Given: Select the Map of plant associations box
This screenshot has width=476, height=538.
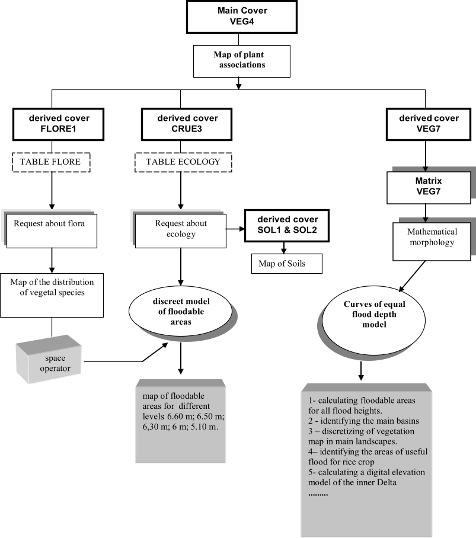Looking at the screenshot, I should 241,60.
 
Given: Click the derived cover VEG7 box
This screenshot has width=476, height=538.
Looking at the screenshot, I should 429,123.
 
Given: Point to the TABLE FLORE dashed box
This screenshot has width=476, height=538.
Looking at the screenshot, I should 50,162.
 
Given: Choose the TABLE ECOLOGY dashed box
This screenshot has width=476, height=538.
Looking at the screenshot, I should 183,162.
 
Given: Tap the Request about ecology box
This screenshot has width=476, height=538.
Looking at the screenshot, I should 181,229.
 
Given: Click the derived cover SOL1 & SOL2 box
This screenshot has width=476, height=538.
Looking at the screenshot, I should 287,225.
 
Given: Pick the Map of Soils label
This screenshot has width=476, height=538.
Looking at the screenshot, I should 282,264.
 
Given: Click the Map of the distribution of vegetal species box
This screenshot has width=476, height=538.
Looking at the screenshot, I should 52,294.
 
